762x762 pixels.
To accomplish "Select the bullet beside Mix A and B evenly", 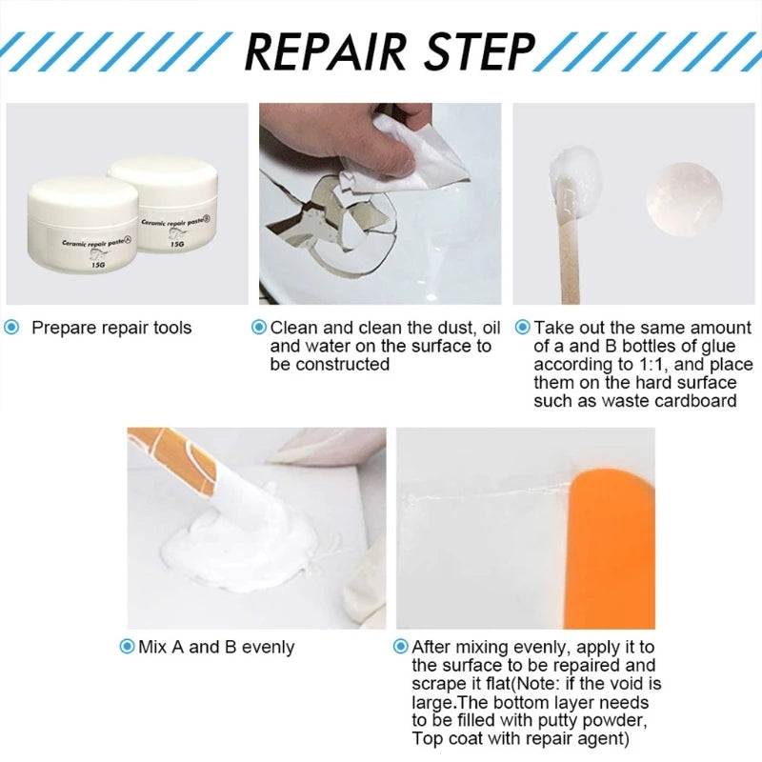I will [127, 647].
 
